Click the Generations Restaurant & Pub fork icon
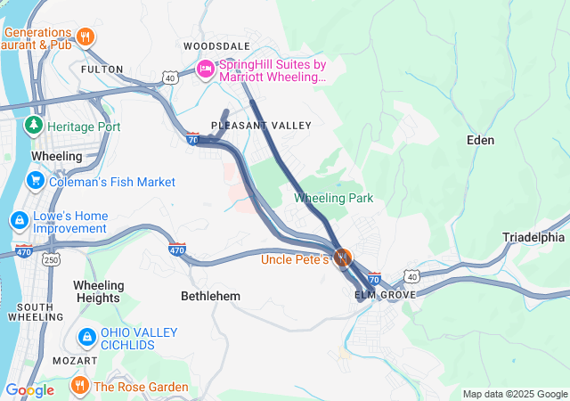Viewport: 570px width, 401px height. tap(85, 37)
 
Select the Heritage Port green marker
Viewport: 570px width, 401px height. tap(35, 127)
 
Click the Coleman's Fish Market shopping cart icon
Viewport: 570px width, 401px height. tap(37, 182)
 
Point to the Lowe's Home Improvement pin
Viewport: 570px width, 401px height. tap(18, 219)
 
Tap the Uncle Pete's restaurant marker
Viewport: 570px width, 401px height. tap(343, 258)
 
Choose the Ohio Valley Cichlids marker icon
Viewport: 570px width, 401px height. tap(87, 337)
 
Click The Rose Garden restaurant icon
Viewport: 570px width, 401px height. tap(79, 386)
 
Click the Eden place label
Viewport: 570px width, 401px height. tap(480, 140)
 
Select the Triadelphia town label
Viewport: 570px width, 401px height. tap(533, 237)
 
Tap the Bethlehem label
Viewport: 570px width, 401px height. tap(210, 295)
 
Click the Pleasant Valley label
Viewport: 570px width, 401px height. tap(261, 126)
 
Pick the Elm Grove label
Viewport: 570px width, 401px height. tap(385, 294)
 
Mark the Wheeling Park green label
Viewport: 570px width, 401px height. tap(334, 198)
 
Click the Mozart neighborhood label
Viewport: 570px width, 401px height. tap(75, 360)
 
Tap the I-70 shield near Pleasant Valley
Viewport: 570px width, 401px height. tap(192, 138)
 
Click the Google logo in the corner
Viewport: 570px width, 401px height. tap(30, 389)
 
